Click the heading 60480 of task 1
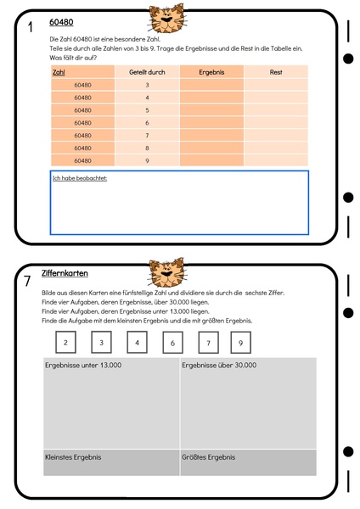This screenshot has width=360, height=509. click(x=61, y=23)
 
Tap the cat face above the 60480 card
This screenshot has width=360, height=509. click(x=164, y=16)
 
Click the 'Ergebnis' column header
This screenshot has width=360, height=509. click(x=211, y=73)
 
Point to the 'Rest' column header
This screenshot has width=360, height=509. click(x=276, y=73)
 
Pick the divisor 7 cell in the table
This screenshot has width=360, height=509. click(x=147, y=135)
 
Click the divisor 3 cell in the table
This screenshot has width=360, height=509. click(x=147, y=85)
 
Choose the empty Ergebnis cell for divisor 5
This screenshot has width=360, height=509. click(x=211, y=110)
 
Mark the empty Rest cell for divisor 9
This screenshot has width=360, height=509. click(x=276, y=159)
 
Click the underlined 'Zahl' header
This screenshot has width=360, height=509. click(x=59, y=73)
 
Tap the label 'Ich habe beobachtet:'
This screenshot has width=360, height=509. click(x=80, y=178)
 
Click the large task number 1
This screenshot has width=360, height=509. click(x=30, y=28)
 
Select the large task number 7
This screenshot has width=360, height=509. click(x=28, y=281)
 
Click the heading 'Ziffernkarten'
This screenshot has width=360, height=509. click(x=65, y=273)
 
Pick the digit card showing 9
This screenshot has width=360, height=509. click(x=240, y=343)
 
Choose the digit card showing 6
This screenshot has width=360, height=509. click(x=172, y=343)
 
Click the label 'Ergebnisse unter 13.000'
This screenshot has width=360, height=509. click(x=83, y=365)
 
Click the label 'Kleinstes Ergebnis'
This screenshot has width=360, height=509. click(x=73, y=457)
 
